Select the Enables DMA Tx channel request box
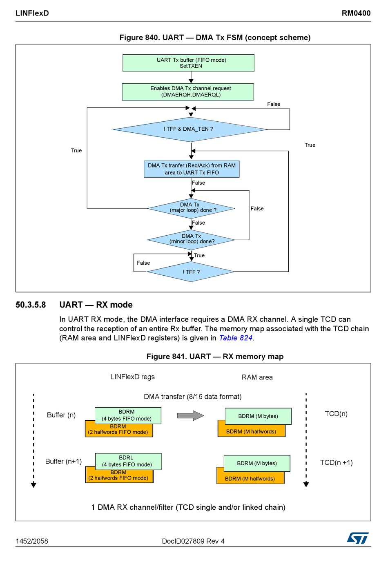188,92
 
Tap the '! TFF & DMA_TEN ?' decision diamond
190,129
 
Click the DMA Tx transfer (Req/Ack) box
192,169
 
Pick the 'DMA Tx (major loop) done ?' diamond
191,208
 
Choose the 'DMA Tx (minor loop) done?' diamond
191,240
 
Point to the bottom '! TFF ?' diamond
191,272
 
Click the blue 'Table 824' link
236,338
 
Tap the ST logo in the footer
358,538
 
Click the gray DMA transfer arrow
190,415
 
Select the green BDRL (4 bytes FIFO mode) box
128,462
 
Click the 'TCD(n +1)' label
336,462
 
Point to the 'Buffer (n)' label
61,415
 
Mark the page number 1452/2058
32,541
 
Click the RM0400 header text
356,13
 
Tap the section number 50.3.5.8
31,305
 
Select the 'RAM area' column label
257,377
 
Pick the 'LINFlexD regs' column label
132,377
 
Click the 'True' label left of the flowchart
76,150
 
